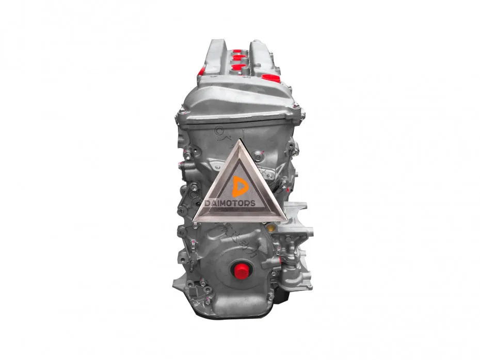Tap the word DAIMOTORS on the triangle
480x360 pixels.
point(230,203)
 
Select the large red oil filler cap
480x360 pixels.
point(271,78)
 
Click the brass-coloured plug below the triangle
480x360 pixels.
point(270,228)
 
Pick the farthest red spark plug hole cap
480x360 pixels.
point(236,50)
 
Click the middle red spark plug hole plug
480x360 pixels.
point(237,57)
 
